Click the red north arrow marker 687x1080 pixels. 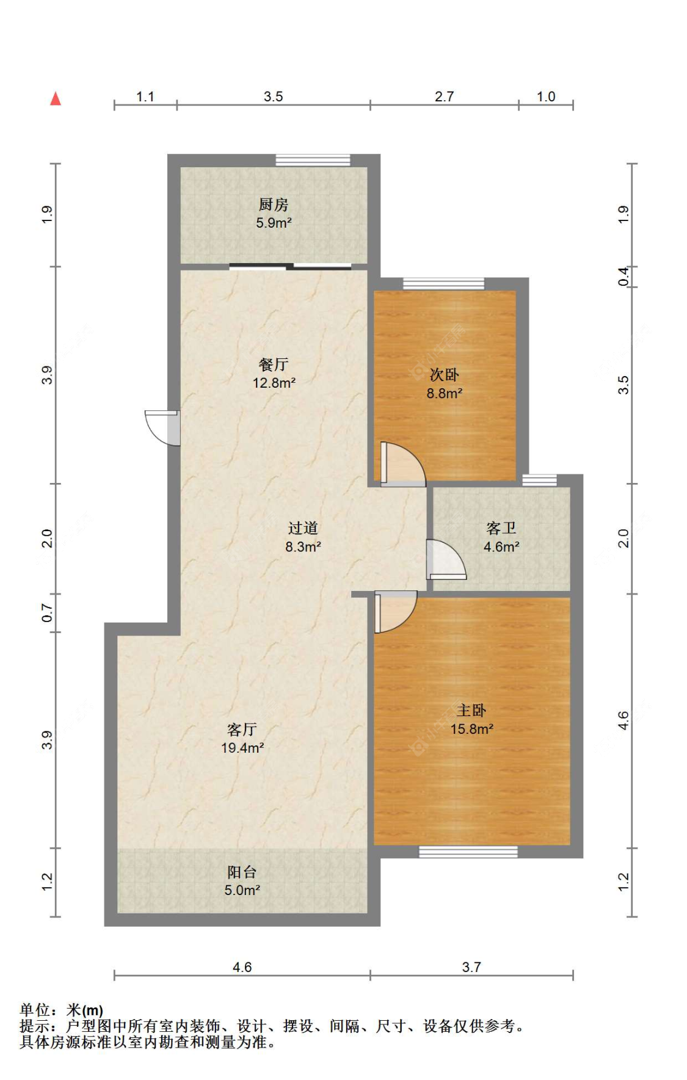click(56, 98)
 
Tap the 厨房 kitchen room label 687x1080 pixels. click(273, 205)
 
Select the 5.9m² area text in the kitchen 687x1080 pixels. click(274, 223)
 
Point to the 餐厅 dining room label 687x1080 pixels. click(274, 364)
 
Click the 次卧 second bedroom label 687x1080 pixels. click(444, 375)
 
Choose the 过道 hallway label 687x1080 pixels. click(303, 528)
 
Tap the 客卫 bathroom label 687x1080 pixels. click(501, 528)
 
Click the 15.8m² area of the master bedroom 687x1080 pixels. click(472, 729)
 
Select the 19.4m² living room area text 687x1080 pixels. click(242, 748)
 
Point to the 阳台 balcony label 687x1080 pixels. click(242, 872)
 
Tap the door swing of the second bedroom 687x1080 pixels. click(402, 464)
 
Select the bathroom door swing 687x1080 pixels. click(446, 559)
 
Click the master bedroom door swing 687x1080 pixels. click(396, 612)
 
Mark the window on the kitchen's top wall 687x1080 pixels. click(313, 160)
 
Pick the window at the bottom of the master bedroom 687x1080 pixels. click(468, 852)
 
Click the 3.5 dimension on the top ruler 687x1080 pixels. click(273, 96)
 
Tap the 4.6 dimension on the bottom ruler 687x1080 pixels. click(242, 967)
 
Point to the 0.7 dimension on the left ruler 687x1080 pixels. click(47, 612)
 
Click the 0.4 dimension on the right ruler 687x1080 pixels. click(623, 277)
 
